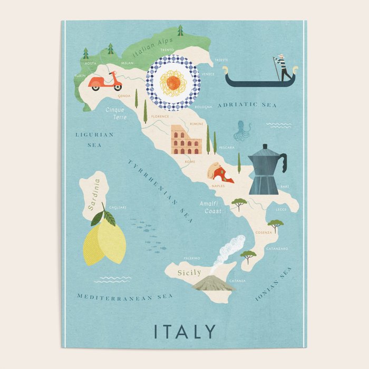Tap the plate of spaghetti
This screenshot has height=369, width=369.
tap(173, 82)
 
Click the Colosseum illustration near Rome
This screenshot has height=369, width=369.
tap(186, 140)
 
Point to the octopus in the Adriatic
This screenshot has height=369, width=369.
tap(243, 130)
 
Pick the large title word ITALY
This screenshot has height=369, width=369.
tap(184, 332)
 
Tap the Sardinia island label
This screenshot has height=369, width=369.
tap(96, 195)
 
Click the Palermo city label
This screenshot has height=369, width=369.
tap(191, 258)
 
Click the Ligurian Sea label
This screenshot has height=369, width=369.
tap(94, 139)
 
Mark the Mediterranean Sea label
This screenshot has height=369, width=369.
tap(124, 297)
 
